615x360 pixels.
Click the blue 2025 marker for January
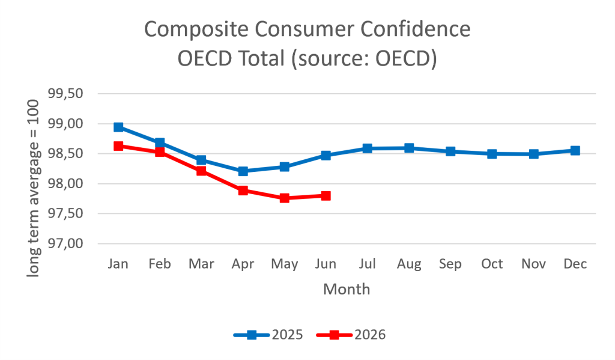point(118,127)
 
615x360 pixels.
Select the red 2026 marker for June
point(326,195)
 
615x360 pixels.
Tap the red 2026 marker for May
point(284,198)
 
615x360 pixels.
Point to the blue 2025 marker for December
point(575,150)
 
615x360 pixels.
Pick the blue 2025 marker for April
point(243,171)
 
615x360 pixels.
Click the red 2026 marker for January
point(118,146)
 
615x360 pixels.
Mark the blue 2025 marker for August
point(409,148)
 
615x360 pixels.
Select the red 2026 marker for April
point(243,191)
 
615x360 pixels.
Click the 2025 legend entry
point(268,335)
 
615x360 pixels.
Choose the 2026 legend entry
point(351,335)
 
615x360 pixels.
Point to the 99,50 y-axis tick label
point(65,93)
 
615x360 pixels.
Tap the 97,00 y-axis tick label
point(65,243)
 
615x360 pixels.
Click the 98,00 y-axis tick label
point(65,183)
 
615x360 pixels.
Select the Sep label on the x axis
point(450,264)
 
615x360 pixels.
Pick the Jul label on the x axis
point(368,263)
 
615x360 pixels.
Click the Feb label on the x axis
point(160,263)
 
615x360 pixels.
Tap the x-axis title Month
point(347,289)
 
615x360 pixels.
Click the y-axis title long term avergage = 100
point(33,189)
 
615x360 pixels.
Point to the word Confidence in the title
point(416,29)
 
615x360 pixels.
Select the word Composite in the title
point(196,30)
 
